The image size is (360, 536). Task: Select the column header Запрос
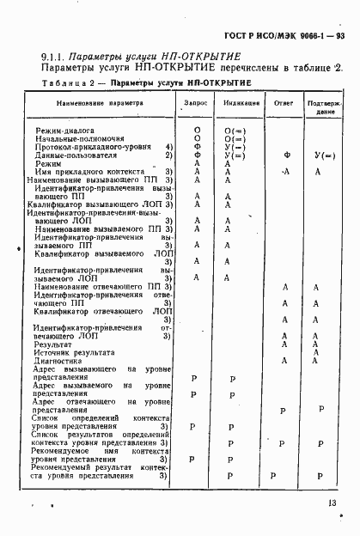[196, 102]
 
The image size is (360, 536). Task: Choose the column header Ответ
[284, 102]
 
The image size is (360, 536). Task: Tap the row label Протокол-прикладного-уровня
[86, 147]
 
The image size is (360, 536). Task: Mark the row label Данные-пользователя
[73, 155]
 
